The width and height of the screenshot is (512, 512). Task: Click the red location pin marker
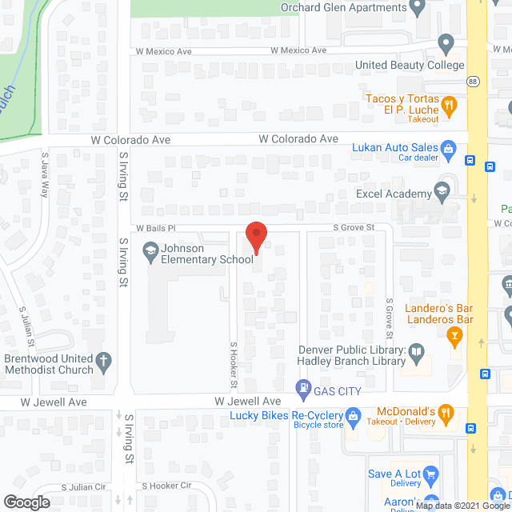(x=255, y=237)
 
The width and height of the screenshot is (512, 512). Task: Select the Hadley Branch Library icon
(x=416, y=351)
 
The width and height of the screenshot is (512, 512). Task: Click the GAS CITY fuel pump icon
(x=303, y=390)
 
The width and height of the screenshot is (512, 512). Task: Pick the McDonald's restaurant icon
(x=447, y=414)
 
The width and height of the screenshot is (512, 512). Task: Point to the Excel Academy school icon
(x=441, y=190)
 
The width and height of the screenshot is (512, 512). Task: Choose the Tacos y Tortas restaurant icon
(x=450, y=104)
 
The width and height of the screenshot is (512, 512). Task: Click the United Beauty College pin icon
(x=446, y=44)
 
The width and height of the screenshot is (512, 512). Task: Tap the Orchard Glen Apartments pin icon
(x=416, y=8)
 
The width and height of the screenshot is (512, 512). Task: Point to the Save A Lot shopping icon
(x=430, y=475)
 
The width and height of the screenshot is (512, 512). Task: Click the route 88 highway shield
(x=474, y=82)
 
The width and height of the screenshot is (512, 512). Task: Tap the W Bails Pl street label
(x=155, y=228)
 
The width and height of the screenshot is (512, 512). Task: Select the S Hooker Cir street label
(x=166, y=486)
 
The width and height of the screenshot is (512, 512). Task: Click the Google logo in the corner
(x=26, y=502)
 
